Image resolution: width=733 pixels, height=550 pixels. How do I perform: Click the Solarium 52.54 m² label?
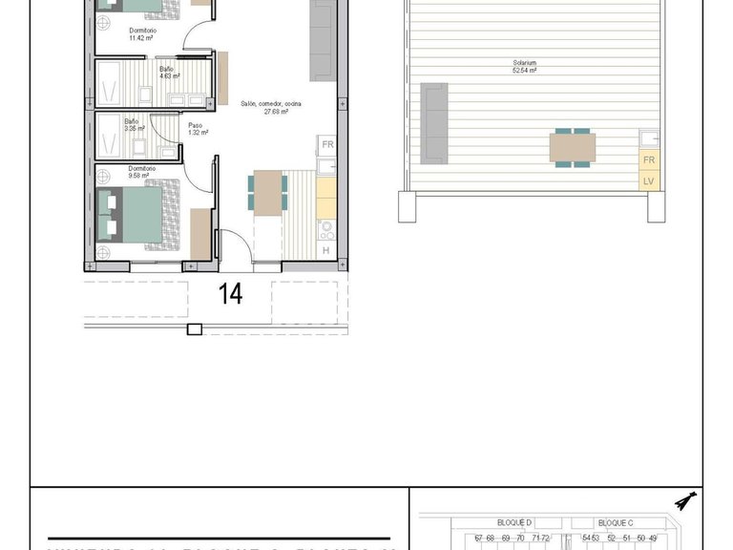click(x=522, y=67)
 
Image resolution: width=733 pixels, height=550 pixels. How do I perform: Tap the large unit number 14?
click(x=230, y=294)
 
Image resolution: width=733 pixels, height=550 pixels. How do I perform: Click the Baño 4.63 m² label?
click(x=168, y=73)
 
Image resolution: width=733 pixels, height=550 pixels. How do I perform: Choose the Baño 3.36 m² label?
click(x=134, y=124)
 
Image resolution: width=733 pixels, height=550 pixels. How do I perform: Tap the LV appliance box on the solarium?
click(x=649, y=180)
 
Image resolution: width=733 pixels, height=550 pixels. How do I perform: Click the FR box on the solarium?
click(x=649, y=160)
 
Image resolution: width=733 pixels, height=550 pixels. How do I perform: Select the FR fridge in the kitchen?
click(x=326, y=145)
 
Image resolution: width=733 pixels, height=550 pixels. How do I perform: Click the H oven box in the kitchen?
click(x=325, y=250)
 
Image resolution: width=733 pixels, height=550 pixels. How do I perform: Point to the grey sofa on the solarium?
click(x=434, y=122)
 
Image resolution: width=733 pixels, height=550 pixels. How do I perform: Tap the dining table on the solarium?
click(x=572, y=148)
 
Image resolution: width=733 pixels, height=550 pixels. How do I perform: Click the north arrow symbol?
click(x=682, y=501)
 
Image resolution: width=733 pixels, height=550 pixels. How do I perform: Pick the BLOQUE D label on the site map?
click(x=514, y=523)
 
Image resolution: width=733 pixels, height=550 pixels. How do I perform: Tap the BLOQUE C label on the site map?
click(x=615, y=523)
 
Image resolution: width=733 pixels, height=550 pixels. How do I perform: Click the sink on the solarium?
click(x=650, y=137)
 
